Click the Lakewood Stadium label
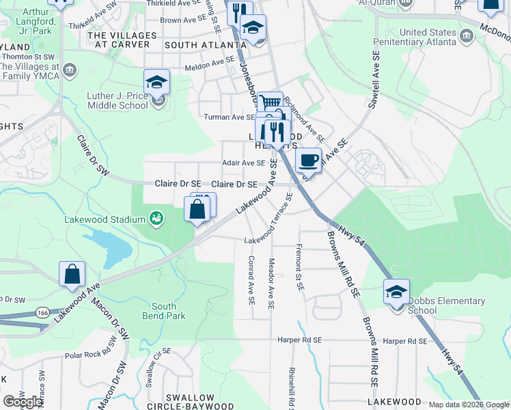pyautogui.click(x=105, y=219)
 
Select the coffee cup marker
pyautogui.click(x=308, y=161)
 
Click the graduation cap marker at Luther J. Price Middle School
pyautogui.click(x=157, y=83)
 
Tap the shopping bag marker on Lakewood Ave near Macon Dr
pyautogui.click(x=72, y=274)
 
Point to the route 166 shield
pyautogui.click(x=42, y=312)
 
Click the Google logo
pyautogui.click(x=23, y=402)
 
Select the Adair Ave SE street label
pyautogui.click(x=244, y=163)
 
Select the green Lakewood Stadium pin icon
pyautogui.click(x=156, y=219)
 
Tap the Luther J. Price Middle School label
pyautogui.click(x=118, y=100)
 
